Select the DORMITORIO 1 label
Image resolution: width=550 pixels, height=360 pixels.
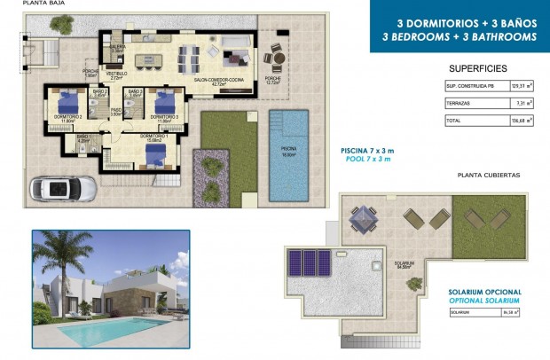[155, 135]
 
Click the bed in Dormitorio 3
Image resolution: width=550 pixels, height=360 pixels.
[164, 99]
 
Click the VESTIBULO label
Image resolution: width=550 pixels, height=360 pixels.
[117, 74]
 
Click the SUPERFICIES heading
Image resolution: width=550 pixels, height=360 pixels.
[478, 67]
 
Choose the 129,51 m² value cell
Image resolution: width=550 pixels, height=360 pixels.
[521, 86]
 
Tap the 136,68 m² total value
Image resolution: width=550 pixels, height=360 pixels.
[521, 120]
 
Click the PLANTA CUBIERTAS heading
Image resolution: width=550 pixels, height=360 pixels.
[488, 176]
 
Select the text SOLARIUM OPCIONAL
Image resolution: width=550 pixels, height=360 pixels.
[485, 292]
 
